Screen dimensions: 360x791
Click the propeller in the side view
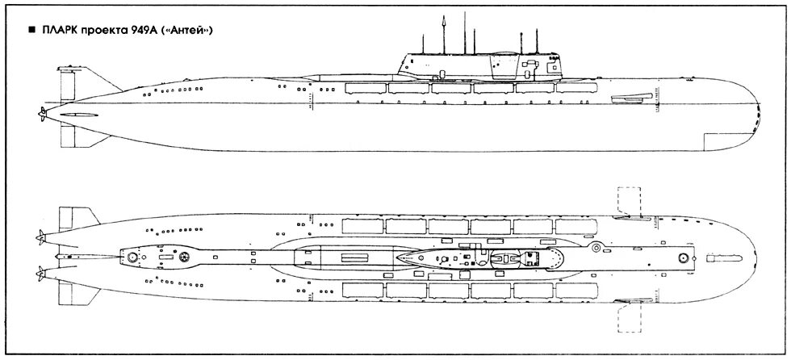(41, 115)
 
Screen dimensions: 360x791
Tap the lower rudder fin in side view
(77, 143)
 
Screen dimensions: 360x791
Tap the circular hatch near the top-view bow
(683, 257)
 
